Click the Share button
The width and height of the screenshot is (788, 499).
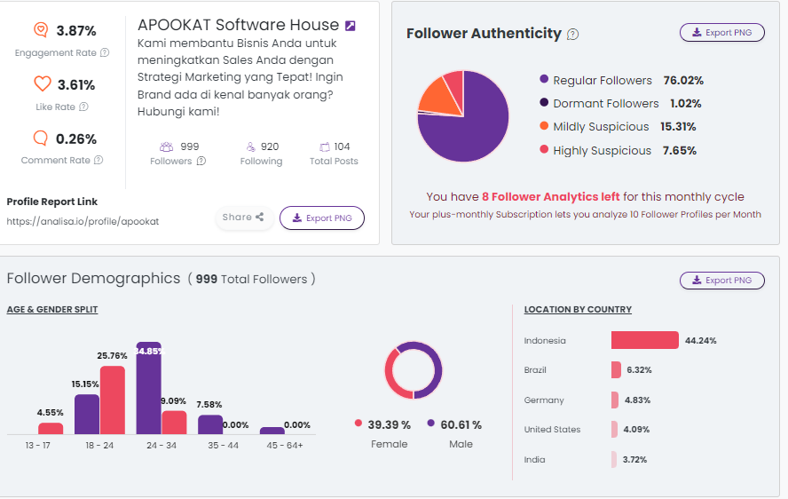click(242, 218)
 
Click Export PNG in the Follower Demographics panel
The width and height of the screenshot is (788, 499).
click(721, 281)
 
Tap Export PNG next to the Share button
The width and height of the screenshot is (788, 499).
click(321, 218)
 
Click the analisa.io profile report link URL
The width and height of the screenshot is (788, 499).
click(83, 221)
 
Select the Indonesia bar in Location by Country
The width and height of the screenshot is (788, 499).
click(644, 340)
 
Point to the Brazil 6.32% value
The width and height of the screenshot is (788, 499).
click(639, 370)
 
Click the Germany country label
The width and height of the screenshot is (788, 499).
click(544, 400)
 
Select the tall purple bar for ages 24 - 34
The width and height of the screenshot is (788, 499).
click(148, 388)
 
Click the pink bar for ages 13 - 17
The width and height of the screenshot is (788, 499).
click(51, 428)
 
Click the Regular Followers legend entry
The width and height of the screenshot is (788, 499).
click(602, 81)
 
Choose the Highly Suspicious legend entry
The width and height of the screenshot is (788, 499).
click(602, 151)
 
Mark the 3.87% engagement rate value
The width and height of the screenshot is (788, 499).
click(76, 31)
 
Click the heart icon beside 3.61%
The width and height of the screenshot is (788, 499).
click(42, 84)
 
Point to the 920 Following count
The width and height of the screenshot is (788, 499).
click(270, 147)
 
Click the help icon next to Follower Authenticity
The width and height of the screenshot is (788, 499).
click(572, 35)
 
